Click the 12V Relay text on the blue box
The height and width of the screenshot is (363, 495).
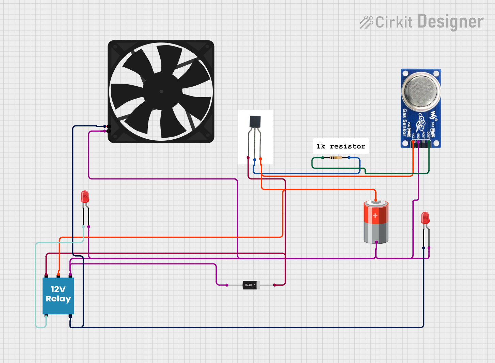click(58, 294)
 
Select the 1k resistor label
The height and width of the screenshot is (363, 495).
click(341, 146)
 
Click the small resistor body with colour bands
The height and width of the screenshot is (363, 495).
click(336, 158)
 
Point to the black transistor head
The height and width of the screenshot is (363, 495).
click(255, 122)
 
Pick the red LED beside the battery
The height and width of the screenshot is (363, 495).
click(425, 218)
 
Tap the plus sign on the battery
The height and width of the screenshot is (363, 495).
click(375, 215)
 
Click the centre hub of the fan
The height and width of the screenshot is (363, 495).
click(161, 91)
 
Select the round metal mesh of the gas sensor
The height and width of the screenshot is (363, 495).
click(421, 90)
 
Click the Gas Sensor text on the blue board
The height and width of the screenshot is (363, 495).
click(404, 122)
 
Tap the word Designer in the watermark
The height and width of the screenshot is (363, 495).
click(450, 22)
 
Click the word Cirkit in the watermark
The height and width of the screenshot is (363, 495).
click(394, 22)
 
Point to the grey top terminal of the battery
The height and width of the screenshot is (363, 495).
click(376, 203)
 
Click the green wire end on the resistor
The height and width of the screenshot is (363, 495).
click(323, 158)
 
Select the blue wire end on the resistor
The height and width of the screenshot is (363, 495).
click(349, 158)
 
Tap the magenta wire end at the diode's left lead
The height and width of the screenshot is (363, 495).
click(227, 285)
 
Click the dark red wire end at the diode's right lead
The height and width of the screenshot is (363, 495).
click(275, 285)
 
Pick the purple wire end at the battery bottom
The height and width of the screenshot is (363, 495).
click(376, 242)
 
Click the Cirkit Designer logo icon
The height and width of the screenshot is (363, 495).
click(366, 22)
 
